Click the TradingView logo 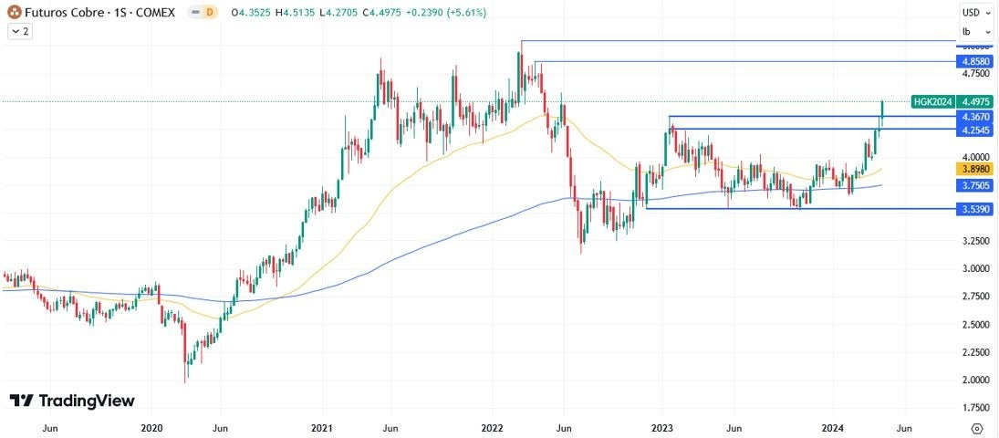[x=72, y=401]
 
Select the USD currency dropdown [x=974, y=13]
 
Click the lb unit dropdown [x=974, y=31]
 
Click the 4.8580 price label [x=975, y=61]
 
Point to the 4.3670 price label [x=975, y=117]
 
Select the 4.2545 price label [x=975, y=130]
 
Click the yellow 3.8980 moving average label [x=975, y=169]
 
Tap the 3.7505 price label [x=975, y=185]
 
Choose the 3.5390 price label [x=975, y=209]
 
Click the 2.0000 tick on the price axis [x=974, y=380]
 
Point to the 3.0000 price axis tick [x=974, y=268]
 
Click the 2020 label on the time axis [x=152, y=427]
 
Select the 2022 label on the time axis [x=492, y=427]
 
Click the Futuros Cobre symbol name [x=64, y=13]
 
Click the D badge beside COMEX [x=209, y=13]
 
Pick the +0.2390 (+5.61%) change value [x=446, y=13]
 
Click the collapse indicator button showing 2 [x=19, y=31]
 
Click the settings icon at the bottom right [x=976, y=427]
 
